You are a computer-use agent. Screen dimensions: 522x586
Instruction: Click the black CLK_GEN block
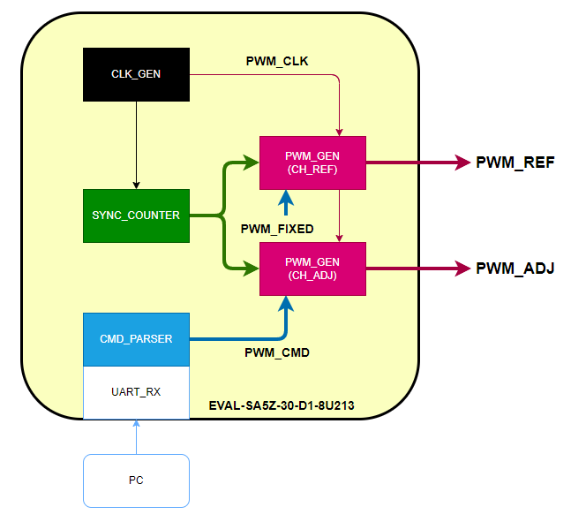[136, 74]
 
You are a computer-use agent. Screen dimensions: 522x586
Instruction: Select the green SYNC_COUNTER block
[136, 216]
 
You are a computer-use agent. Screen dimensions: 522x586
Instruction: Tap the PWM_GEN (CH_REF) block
[312, 163]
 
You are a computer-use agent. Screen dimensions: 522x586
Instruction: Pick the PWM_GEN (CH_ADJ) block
[312, 269]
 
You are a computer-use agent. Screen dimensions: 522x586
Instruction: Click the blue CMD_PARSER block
[136, 339]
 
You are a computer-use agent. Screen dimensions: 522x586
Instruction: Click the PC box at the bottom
[136, 480]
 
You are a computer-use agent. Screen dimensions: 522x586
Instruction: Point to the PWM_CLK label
[276, 61]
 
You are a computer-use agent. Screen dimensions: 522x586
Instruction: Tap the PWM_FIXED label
[277, 229]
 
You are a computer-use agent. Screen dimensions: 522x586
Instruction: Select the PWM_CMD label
[276, 352]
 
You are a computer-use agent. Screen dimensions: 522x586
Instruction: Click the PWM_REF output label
[515, 163]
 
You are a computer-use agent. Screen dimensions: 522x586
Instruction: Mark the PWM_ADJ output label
[515, 269]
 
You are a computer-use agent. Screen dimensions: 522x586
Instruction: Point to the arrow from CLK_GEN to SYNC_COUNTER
[136, 145]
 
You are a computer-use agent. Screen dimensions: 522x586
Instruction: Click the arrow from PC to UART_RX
[136, 436]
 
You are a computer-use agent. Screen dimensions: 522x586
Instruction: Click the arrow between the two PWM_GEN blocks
[339, 216]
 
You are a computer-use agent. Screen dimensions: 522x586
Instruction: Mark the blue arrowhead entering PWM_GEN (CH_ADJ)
[286, 302]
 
